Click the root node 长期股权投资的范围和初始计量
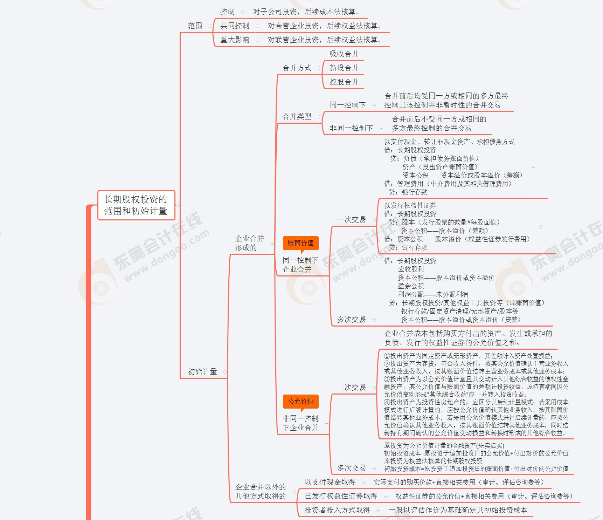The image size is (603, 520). coord(136,205)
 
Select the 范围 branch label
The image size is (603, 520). coord(195,26)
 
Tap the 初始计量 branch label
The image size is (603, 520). coord(202,372)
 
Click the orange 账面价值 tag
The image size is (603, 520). coord(300,243)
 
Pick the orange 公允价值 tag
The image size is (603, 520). coord(300,401)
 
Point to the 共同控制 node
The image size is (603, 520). coord(235,26)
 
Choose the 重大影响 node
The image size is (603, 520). coord(235,40)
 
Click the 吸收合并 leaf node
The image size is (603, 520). coord(344,54)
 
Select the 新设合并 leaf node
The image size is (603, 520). coord(344,68)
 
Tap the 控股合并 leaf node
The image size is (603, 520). coord(344,82)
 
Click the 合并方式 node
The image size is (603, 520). coord(297,68)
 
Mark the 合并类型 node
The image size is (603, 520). coord(297,117)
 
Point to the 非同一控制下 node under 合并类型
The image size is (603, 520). coord(351,128)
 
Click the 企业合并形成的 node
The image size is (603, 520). coord(249,243)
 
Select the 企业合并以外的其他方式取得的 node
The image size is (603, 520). coord(260,491)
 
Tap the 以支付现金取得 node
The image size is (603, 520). coord(330,482)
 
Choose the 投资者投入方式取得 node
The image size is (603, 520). coord(337,510)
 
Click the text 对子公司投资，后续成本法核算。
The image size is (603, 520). coord(306,12)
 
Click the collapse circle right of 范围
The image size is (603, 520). coord(210,26)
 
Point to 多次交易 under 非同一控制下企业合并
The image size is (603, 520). coord(351,468)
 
